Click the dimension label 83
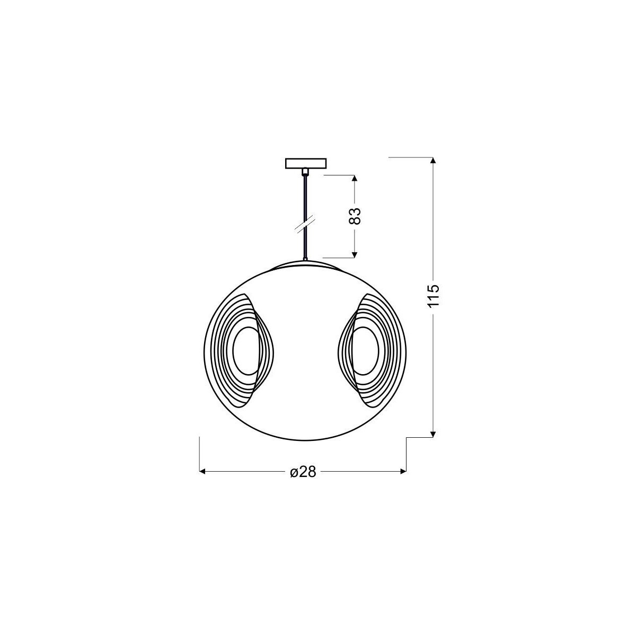[356, 216]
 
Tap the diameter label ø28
[303, 472]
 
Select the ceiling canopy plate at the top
[306, 163]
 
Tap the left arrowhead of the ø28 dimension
[202, 471]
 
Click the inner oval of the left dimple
[244, 350]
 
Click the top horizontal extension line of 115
[411, 157]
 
